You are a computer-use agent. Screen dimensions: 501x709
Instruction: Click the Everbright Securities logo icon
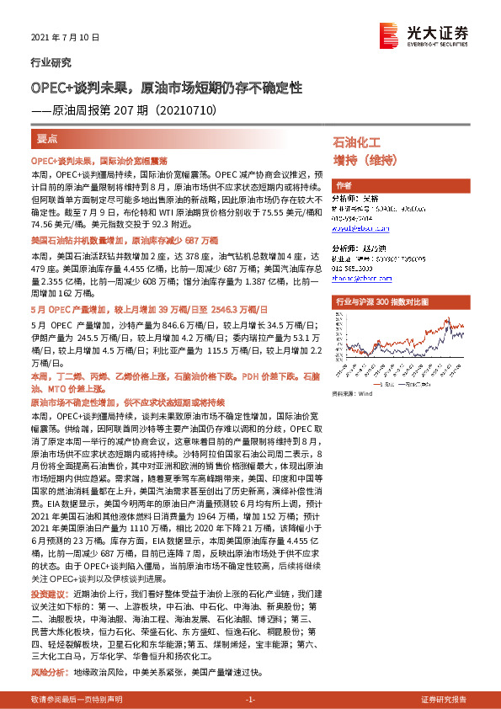pos(389,35)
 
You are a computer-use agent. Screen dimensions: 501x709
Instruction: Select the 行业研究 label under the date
pos(51,62)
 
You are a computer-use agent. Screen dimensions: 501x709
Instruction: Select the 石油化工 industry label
pos(357,142)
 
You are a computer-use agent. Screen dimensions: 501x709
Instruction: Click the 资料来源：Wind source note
pos(352,392)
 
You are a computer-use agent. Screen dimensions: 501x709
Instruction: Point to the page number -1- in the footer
pos(250,700)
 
